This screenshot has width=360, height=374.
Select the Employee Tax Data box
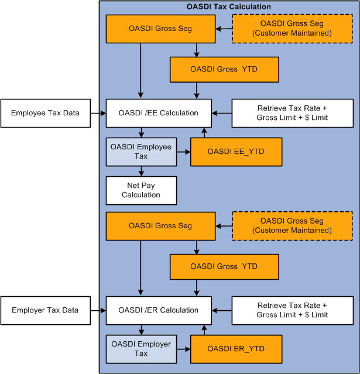(45, 113)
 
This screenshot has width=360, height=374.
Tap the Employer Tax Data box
(45, 310)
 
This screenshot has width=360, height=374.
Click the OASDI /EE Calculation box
(159, 113)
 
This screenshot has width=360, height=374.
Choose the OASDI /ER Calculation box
(159, 310)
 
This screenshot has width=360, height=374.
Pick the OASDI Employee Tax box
(141, 152)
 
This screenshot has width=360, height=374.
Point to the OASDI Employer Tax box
(141, 349)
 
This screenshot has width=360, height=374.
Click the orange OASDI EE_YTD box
(236, 152)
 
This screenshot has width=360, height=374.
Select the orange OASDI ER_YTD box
(236, 349)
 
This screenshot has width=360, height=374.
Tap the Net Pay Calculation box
(141, 190)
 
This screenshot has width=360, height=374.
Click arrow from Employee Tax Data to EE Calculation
(97, 113)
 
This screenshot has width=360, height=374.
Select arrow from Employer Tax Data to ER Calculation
(97, 310)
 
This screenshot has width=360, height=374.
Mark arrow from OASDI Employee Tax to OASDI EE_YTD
(183, 152)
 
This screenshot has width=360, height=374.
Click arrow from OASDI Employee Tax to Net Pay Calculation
(141, 171)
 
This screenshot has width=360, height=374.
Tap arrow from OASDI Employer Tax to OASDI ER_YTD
(183, 349)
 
